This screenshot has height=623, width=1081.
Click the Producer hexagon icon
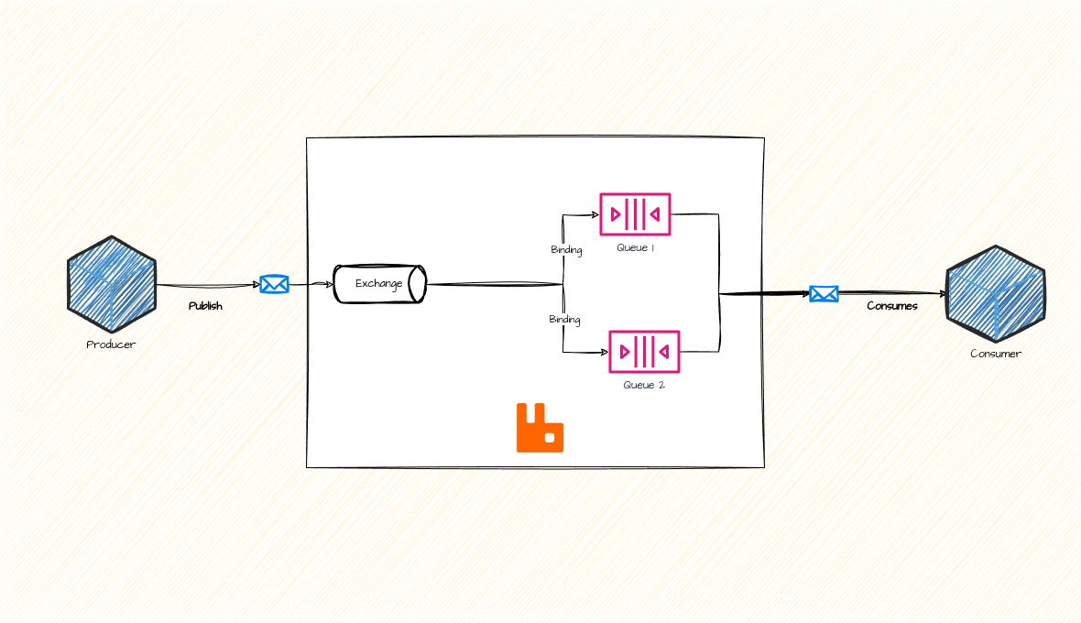[x=112, y=284]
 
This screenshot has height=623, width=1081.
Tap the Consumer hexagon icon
[x=996, y=293]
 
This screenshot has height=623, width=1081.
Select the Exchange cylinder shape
[x=380, y=284]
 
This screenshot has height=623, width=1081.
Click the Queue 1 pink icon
[x=635, y=214]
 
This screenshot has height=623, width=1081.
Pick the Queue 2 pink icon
[x=644, y=352]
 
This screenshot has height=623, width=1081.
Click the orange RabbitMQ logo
[x=540, y=428]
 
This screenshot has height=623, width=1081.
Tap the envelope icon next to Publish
[x=274, y=284]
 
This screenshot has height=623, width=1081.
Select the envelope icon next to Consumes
[x=824, y=294]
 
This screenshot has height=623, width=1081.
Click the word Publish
[x=205, y=306]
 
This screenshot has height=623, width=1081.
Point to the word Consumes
[x=892, y=306]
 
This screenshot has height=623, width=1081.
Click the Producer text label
[x=111, y=344]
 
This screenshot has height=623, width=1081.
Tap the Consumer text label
[x=996, y=354]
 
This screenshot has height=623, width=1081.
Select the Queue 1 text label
[x=635, y=247]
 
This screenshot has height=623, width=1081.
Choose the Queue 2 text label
[x=644, y=385]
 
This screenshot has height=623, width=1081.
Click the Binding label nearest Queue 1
[x=566, y=250]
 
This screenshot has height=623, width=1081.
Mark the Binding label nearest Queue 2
[x=564, y=320]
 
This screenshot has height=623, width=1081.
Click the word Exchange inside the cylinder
[x=378, y=284]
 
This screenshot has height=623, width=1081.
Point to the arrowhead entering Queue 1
[x=595, y=215]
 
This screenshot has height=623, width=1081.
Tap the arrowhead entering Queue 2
[x=605, y=352]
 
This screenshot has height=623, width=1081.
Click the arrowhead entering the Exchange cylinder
[x=330, y=284]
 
